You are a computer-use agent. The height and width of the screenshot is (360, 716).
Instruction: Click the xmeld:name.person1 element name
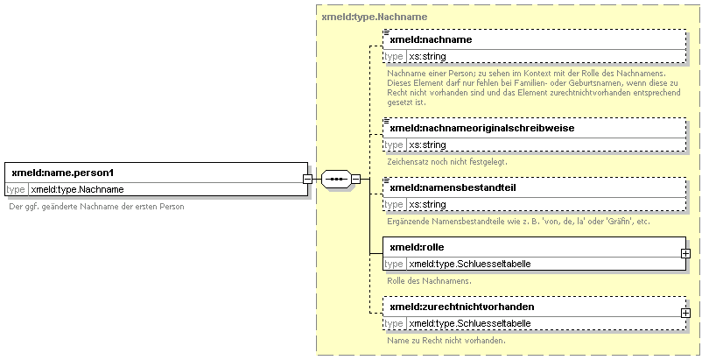62,173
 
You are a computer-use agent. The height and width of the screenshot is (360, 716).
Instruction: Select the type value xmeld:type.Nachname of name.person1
77,189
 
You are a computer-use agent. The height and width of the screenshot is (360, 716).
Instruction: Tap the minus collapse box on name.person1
308,179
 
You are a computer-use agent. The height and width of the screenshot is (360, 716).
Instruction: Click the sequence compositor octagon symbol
336,179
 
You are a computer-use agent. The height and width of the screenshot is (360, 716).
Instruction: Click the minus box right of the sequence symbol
355,179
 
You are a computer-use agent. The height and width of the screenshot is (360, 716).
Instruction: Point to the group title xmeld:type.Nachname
375,17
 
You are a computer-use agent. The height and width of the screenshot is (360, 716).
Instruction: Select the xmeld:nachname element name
431,39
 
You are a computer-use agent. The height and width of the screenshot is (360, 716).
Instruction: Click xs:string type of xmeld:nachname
427,56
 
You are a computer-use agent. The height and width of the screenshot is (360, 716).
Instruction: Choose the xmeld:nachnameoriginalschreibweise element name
482,128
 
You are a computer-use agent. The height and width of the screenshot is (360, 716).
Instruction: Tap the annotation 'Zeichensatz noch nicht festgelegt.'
447,162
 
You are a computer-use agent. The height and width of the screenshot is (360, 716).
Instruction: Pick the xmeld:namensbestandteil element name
453,187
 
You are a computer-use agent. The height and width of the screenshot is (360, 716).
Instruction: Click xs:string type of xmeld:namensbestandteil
427,204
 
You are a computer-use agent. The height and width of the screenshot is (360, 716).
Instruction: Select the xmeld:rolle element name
417,247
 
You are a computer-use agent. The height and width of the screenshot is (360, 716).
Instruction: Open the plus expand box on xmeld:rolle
685,253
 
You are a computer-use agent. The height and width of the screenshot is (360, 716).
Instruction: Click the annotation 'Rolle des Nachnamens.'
429,281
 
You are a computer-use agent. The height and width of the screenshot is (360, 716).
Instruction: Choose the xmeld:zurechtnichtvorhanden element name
462,307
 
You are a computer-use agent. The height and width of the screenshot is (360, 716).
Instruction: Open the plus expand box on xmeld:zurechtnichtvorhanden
685,313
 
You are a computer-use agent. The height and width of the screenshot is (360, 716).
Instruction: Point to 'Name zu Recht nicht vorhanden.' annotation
446,341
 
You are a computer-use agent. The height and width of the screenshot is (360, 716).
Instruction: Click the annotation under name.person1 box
96,207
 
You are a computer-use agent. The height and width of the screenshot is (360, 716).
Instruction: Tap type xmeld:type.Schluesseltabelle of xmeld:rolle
470,264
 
